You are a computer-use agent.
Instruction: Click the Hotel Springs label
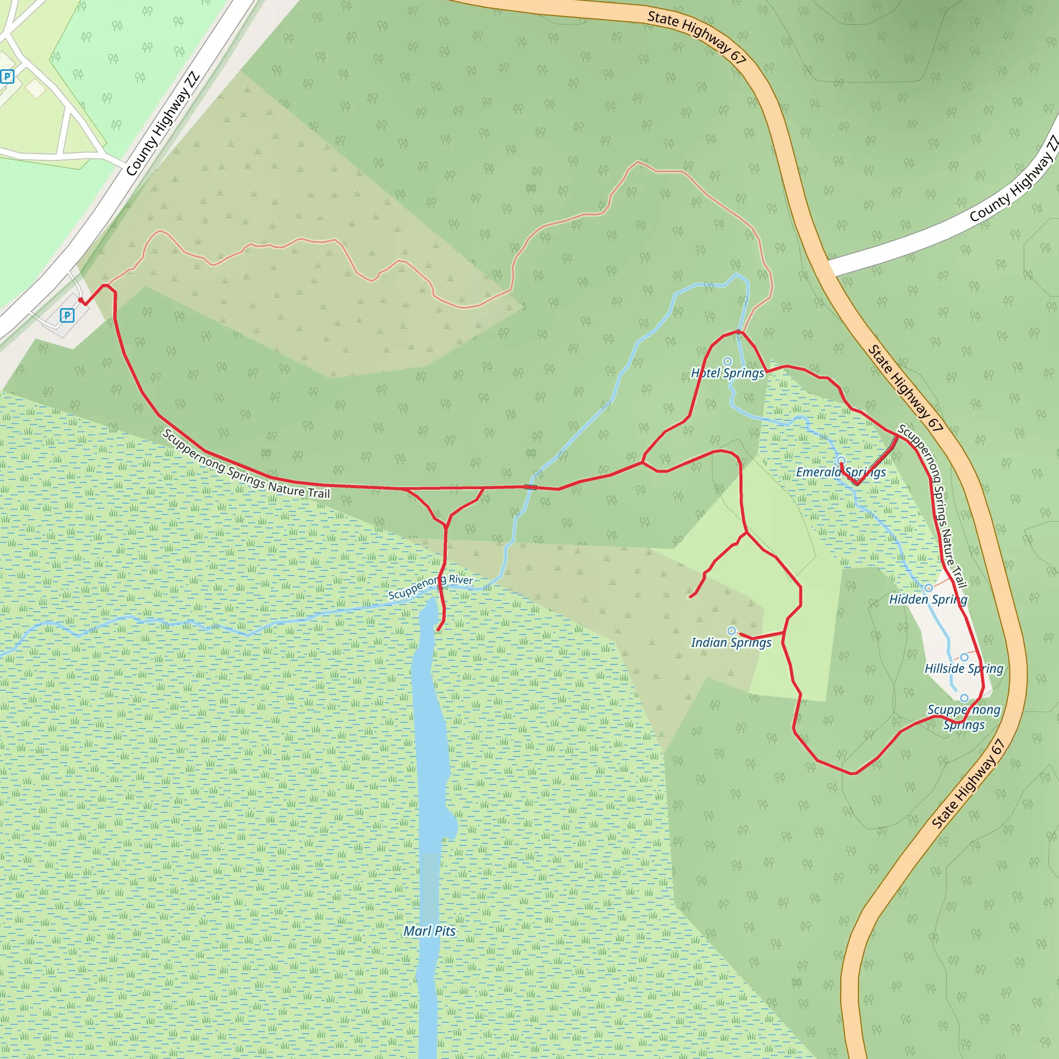click(728, 373)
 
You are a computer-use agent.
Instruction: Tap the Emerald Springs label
click(840, 473)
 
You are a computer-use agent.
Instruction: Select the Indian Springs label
click(731, 642)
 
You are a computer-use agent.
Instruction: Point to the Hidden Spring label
click(928, 600)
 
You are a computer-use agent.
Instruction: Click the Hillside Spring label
click(964, 669)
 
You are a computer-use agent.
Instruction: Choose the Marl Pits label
click(430, 931)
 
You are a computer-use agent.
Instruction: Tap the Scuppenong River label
click(430, 586)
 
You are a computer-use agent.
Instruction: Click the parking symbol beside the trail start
click(67, 315)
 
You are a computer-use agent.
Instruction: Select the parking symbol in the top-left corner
click(7, 77)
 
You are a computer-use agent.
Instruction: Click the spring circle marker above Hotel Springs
click(728, 361)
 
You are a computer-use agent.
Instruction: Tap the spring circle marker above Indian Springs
click(731, 631)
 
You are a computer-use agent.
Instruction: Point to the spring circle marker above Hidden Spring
click(928, 588)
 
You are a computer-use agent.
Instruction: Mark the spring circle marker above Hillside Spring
click(964, 657)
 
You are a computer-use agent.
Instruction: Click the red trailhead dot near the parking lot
click(81, 300)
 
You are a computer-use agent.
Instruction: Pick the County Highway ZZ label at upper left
click(162, 125)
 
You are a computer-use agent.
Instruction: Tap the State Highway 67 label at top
click(697, 37)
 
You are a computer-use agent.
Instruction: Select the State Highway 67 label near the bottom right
click(969, 783)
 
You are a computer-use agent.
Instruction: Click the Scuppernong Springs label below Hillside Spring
click(964, 718)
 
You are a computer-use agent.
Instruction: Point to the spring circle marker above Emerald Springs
click(841, 460)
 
